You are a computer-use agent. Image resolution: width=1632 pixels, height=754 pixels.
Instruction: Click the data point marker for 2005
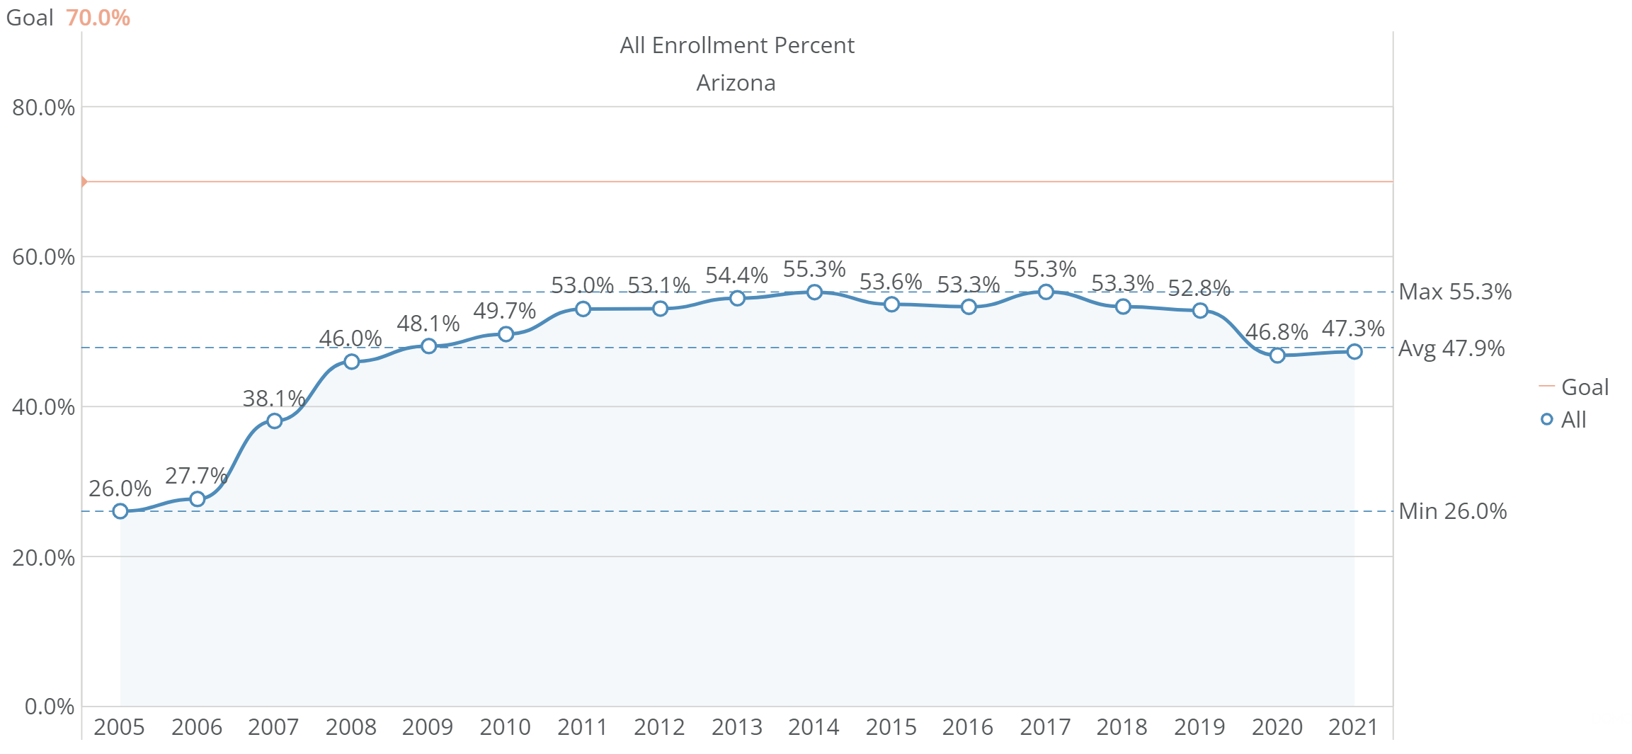(x=120, y=511)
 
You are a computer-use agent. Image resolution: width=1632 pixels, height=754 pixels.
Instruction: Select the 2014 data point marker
(x=814, y=292)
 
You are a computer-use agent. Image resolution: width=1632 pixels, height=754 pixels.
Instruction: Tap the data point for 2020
(x=1277, y=355)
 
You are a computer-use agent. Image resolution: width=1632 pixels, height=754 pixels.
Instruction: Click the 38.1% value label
(x=273, y=399)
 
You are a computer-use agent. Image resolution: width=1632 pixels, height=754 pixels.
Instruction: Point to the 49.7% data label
(x=504, y=311)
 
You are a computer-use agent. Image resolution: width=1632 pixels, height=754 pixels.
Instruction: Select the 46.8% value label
(x=1277, y=332)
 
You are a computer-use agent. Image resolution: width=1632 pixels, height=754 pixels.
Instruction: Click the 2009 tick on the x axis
(x=428, y=727)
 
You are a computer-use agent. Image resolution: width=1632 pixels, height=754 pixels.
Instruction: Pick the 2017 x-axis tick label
(x=1045, y=727)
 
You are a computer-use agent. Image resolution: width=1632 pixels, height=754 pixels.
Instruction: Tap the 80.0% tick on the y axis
(x=43, y=108)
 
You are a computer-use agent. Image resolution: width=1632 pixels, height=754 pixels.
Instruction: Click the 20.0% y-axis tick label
(x=43, y=558)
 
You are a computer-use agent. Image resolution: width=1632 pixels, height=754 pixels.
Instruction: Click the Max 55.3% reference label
(x=1455, y=292)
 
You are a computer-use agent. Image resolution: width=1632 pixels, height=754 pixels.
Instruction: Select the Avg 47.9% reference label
(x=1451, y=348)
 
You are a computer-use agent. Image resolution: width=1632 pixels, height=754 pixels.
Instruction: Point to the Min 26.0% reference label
(x=1453, y=511)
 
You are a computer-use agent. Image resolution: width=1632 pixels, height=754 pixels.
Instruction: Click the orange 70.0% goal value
(x=98, y=18)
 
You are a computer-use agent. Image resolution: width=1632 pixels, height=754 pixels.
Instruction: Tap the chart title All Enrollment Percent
(x=737, y=45)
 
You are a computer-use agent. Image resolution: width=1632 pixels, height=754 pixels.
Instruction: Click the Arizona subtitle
(x=736, y=83)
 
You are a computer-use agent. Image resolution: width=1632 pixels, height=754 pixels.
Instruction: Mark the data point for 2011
(x=583, y=309)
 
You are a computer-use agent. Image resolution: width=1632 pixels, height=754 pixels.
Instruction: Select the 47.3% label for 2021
(x=1353, y=329)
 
